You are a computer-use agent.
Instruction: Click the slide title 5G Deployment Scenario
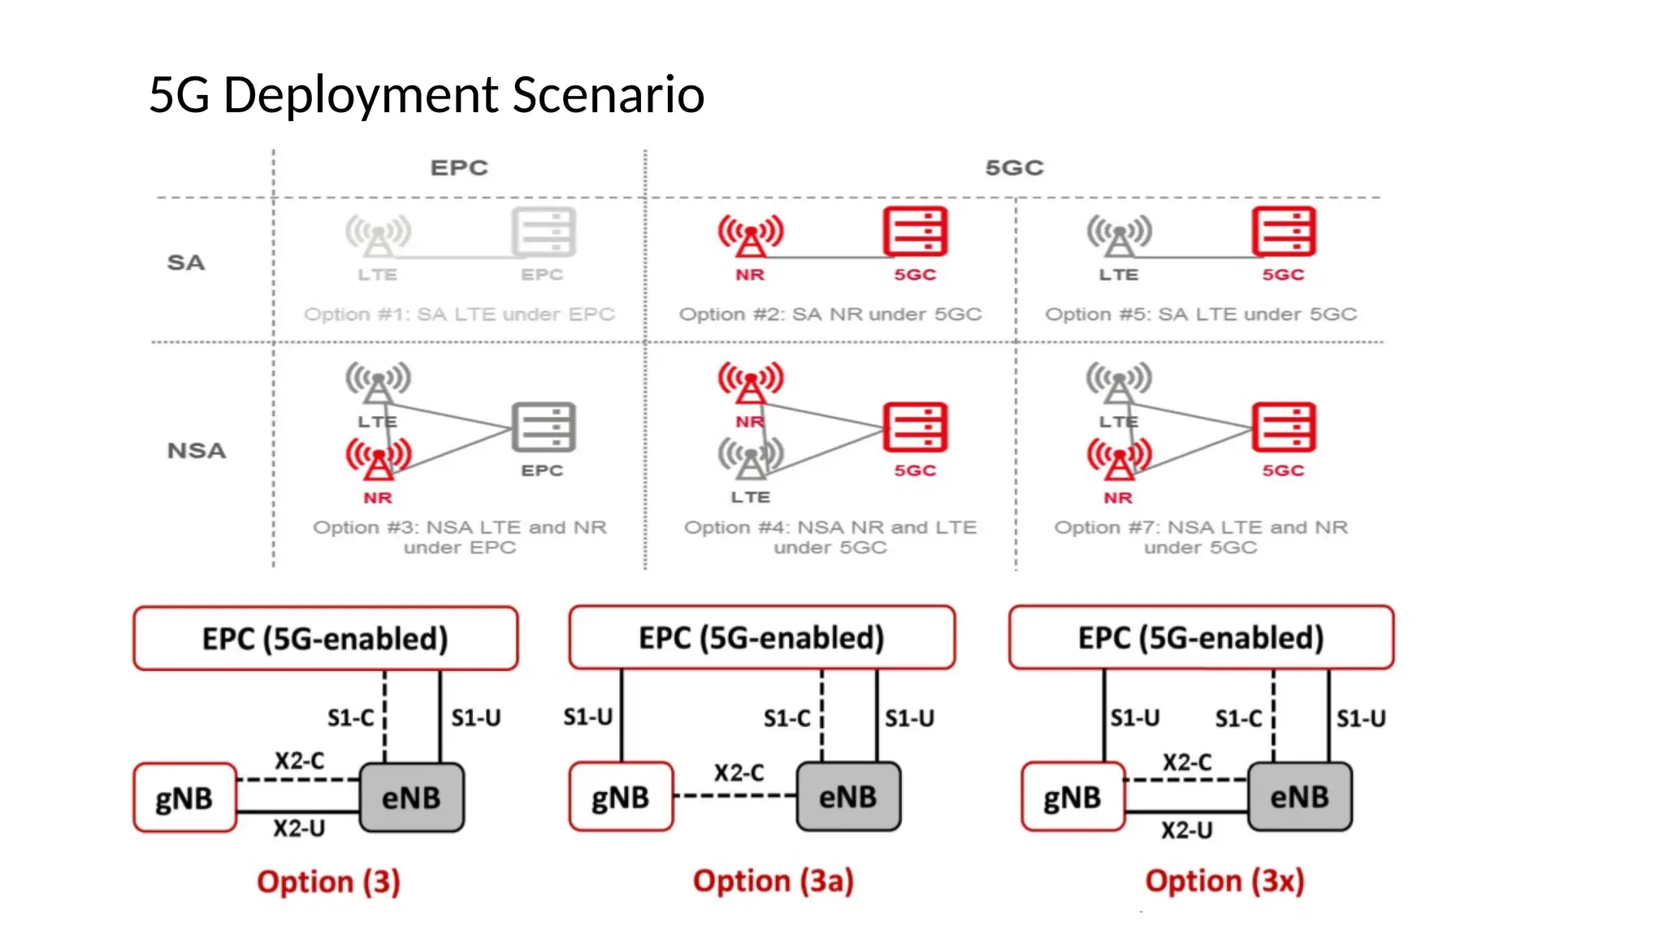click(427, 94)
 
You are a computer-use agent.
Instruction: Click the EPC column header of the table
click(459, 167)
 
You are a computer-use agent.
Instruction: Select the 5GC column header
click(1014, 167)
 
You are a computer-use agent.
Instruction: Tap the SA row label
click(186, 262)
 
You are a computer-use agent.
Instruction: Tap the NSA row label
click(197, 450)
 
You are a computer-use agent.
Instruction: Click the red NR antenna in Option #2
click(750, 234)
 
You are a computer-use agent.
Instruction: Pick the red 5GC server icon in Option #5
click(1284, 232)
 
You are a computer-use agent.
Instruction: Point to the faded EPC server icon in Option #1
click(544, 232)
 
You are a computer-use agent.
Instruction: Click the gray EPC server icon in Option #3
click(544, 427)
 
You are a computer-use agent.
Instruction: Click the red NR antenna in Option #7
click(1119, 458)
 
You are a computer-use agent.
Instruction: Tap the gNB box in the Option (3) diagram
click(185, 797)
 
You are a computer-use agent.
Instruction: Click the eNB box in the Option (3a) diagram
click(848, 796)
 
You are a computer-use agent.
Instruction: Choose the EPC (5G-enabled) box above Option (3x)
click(1201, 638)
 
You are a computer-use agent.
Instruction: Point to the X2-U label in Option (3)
click(299, 829)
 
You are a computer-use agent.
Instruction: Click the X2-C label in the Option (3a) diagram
click(739, 772)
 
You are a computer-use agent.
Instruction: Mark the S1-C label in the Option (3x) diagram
click(1238, 718)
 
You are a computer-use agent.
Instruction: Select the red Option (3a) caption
click(773, 881)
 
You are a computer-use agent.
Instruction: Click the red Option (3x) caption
click(1224, 881)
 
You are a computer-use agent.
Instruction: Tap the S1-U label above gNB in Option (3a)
click(587, 717)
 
